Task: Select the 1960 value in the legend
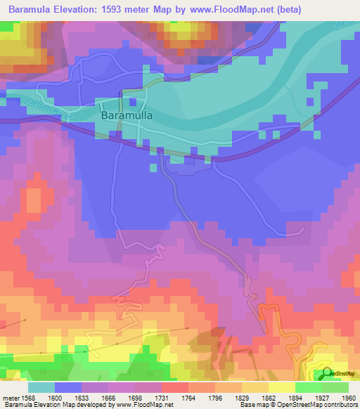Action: [347, 398]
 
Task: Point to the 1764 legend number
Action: [188, 398]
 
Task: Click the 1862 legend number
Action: [267, 398]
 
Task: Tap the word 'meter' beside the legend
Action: [11, 398]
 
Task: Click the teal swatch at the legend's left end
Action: [41, 387]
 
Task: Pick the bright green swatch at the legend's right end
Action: [335, 387]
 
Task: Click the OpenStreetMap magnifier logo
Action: [327, 373]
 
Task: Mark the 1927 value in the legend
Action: [320, 398]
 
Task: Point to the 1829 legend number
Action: [241, 398]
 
